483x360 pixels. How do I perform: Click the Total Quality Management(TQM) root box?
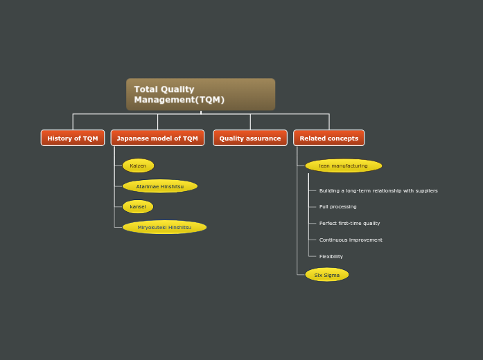pos(200,94)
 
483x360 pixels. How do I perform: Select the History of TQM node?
pos(73,138)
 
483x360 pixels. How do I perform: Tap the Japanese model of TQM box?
pos(157,138)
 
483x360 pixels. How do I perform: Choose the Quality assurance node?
pos(250,138)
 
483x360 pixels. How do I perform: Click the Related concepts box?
pos(328,138)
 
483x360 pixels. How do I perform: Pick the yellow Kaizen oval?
pos(138,165)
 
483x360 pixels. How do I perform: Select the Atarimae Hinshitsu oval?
pos(160,186)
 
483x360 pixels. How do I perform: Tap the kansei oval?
pos(138,206)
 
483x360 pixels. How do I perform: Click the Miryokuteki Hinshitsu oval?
pos(164,227)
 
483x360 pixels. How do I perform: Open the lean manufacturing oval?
pos(343,165)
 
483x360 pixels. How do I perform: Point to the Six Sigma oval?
pos(327,275)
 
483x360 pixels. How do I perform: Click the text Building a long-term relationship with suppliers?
pos(378,190)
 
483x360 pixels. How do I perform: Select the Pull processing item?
pos(337,207)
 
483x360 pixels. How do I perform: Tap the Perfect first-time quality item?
pos(349,224)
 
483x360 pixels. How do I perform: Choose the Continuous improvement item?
pos(351,240)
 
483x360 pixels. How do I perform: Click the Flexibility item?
pos(331,257)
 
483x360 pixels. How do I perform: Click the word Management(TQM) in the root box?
pos(179,100)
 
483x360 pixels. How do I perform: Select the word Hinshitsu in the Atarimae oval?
pos(171,186)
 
